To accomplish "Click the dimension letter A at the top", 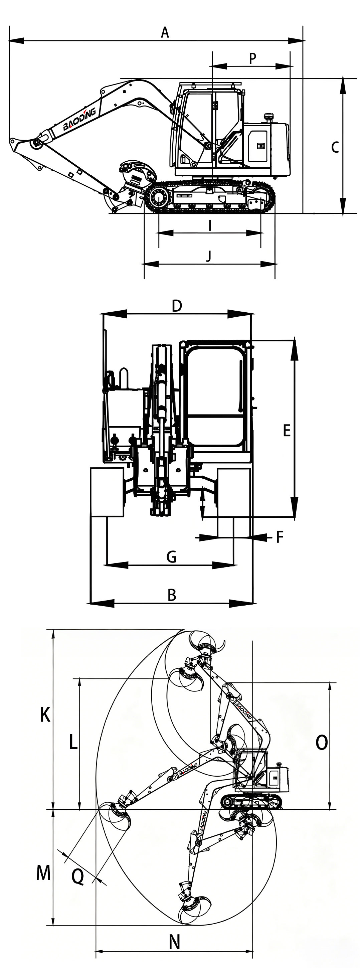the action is [x=165, y=32].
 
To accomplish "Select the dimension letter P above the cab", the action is [x=253, y=58].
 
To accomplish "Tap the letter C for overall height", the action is [x=335, y=147].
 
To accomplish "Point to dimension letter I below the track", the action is [x=210, y=225].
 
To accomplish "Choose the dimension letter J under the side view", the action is [x=209, y=256].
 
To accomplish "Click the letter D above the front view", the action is [x=177, y=306].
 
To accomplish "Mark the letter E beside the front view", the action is [x=287, y=430].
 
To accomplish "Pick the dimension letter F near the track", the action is [x=279, y=537].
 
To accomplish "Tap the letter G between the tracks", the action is [x=171, y=556].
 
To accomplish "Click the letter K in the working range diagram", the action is [x=45, y=714].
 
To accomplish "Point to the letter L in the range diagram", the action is [x=73, y=742].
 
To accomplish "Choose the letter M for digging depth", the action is [x=43, y=872].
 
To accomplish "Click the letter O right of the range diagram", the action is [x=322, y=743].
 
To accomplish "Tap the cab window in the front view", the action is [x=216, y=397].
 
